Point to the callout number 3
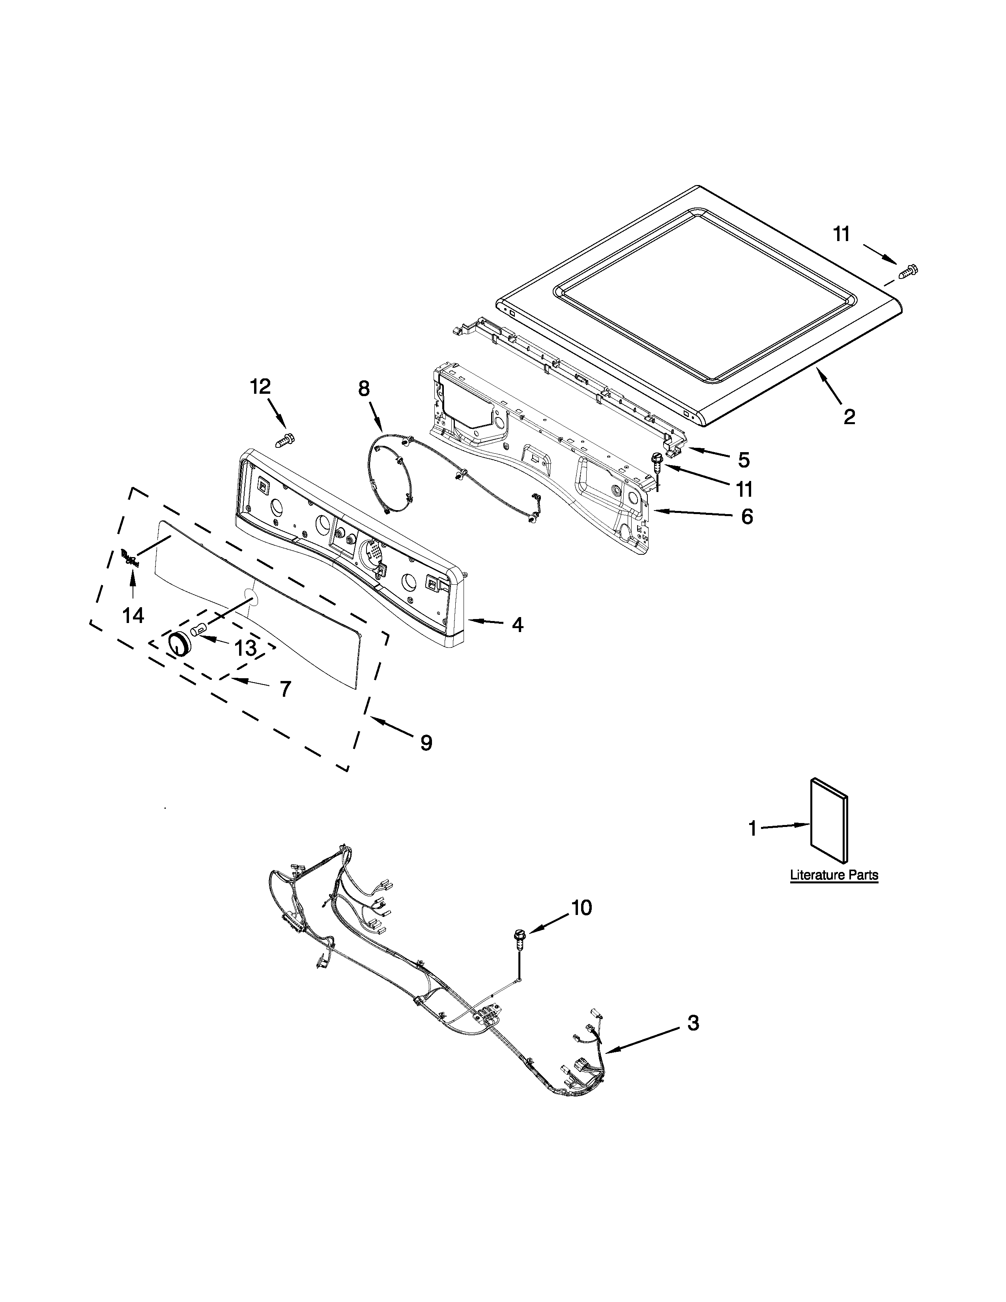tap(692, 1023)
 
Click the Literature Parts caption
tap(834, 875)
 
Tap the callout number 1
tap(753, 828)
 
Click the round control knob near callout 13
tap(178, 644)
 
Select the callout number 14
tap(133, 615)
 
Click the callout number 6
tap(746, 516)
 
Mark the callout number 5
tap(744, 460)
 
